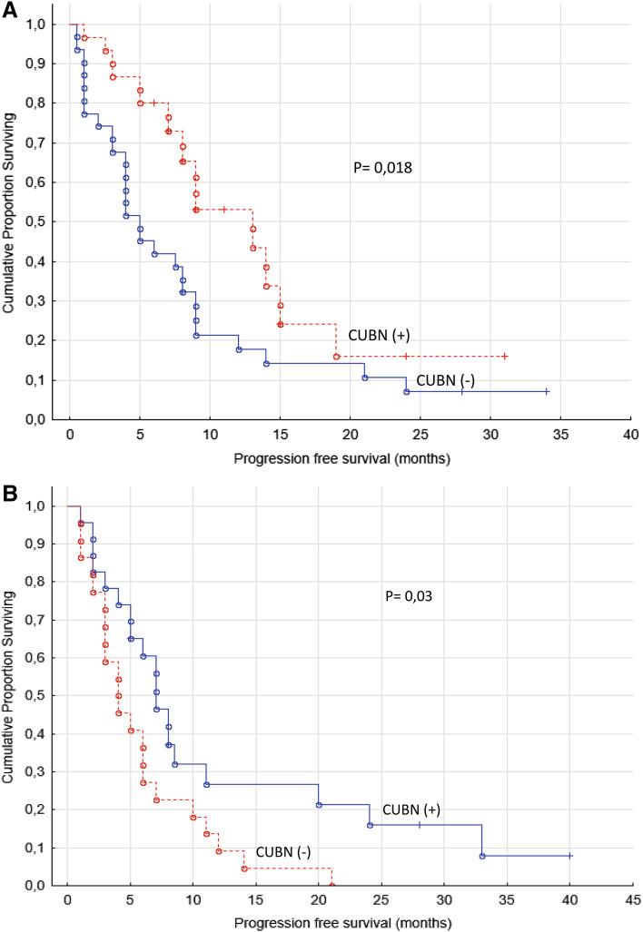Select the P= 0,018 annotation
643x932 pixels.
coord(384,168)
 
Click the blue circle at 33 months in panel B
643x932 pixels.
coord(482,856)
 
